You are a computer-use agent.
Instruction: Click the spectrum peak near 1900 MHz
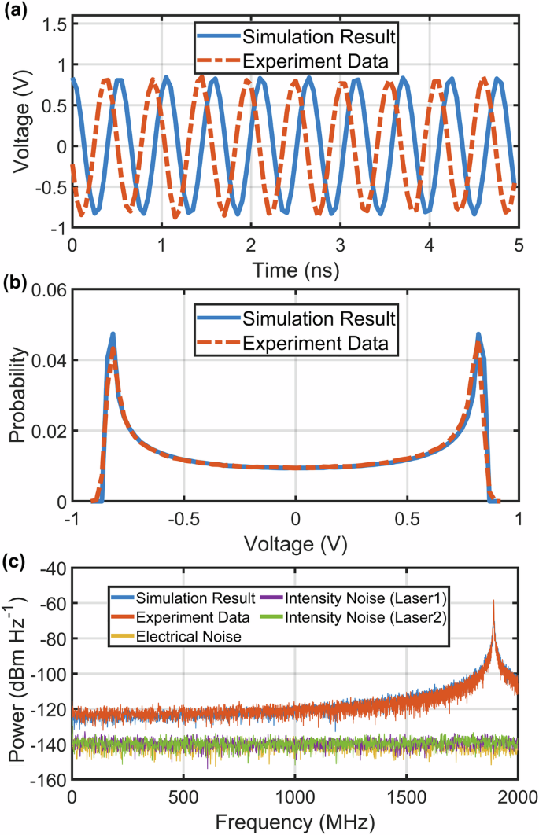click(x=493, y=601)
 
